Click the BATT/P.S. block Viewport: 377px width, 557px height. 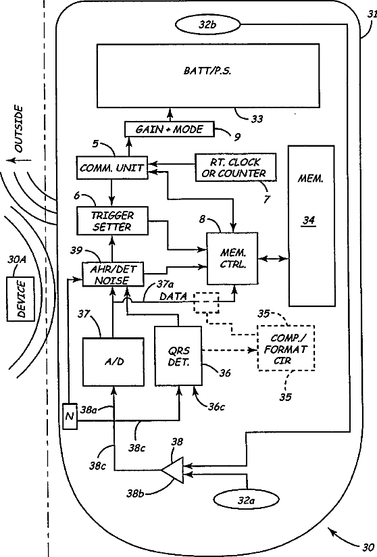pos(208,75)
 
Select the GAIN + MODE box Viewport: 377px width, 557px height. pos(170,129)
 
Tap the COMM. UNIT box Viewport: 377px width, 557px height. pos(112,168)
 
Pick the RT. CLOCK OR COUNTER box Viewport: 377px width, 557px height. pos(235,168)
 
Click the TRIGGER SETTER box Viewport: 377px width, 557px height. pos(112,221)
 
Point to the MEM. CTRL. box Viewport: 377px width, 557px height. pos(232,258)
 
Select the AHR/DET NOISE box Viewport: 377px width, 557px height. pos(113,274)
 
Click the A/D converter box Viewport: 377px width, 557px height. pos(114,362)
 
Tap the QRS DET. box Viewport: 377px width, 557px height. pos(178,356)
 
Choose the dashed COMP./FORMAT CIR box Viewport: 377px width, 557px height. pos(286,348)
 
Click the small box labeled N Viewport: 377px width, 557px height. pos(70,416)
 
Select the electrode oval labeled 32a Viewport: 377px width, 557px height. pos(246,501)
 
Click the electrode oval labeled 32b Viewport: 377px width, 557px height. pos(207,24)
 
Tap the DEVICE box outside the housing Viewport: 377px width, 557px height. pos(21,299)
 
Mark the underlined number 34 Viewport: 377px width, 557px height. pos(309,221)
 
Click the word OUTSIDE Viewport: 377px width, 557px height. pos(18,128)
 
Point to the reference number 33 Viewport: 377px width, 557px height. pos(257,119)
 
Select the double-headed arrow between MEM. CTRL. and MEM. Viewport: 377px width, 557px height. pos(274,259)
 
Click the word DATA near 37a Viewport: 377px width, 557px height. pos(173,296)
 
